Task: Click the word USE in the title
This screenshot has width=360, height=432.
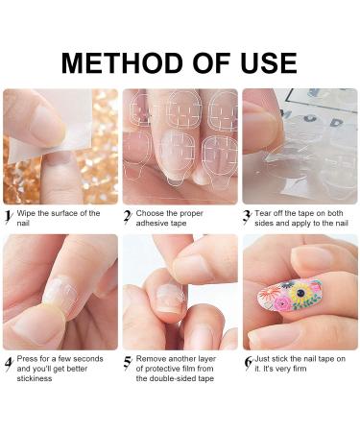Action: (261, 63)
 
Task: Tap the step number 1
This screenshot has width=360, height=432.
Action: (8, 216)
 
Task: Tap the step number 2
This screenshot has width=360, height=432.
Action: (128, 217)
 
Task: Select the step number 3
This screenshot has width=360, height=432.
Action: (248, 216)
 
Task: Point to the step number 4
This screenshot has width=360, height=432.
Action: (8, 362)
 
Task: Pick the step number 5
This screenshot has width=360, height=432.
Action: (128, 362)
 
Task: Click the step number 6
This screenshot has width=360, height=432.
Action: (248, 362)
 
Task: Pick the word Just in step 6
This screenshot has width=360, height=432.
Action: (268, 358)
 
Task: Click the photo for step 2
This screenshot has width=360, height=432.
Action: (180, 146)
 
